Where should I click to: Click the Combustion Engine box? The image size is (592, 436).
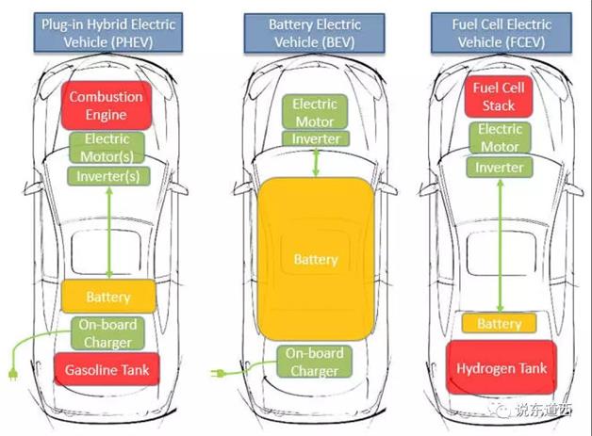click(x=106, y=106)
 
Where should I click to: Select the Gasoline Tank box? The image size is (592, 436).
click(x=106, y=370)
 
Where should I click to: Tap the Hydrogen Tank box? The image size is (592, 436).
click(x=500, y=368)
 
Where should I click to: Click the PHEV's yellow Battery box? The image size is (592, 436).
click(x=107, y=297)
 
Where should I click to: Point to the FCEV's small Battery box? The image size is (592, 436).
click(x=499, y=323)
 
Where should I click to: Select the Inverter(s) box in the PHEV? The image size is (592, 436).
click(x=108, y=175)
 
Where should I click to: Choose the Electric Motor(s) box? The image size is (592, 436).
click(x=107, y=148)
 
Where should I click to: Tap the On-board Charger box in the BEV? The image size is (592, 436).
click(x=315, y=363)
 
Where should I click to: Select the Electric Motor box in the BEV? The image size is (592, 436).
click(x=315, y=113)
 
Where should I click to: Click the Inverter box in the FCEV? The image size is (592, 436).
click(x=499, y=168)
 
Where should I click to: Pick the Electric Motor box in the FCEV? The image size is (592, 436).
click(x=499, y=137)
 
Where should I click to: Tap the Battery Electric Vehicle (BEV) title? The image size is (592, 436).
click(x=315, y=32)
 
